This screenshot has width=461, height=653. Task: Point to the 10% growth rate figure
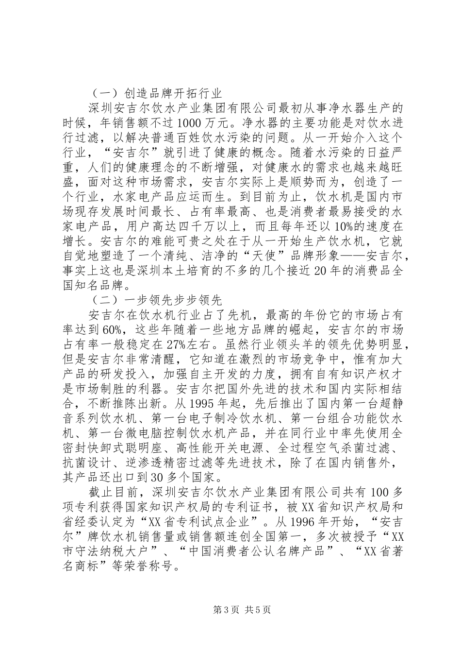[328, 227]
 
